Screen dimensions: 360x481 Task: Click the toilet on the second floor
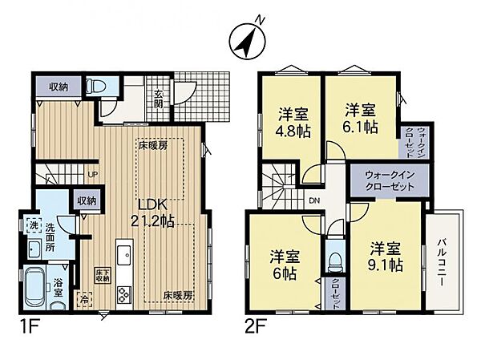334,265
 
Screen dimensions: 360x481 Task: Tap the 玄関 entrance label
160,98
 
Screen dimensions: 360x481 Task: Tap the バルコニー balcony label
442,261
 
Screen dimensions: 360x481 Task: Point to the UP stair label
93,174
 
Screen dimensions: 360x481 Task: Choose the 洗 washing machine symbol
33,226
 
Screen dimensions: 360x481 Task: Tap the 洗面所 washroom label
51,238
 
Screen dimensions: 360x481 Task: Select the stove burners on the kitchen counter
123,293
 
